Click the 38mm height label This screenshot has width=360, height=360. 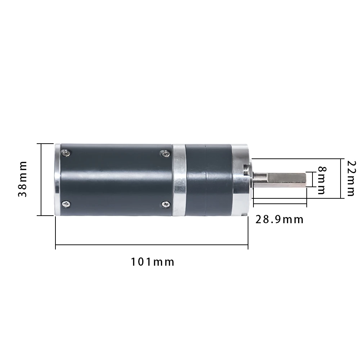23,179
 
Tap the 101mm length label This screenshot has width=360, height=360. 152,262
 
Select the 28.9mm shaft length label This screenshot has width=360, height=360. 279,219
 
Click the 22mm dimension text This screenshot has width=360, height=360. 350,178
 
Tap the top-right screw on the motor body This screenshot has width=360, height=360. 165,154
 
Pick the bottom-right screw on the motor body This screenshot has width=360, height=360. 165,204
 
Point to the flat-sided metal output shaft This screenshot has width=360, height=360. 284,179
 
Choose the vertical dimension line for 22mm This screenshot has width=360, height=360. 340,178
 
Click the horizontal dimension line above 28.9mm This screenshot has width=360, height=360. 280,203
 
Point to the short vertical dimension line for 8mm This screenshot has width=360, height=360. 306,179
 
